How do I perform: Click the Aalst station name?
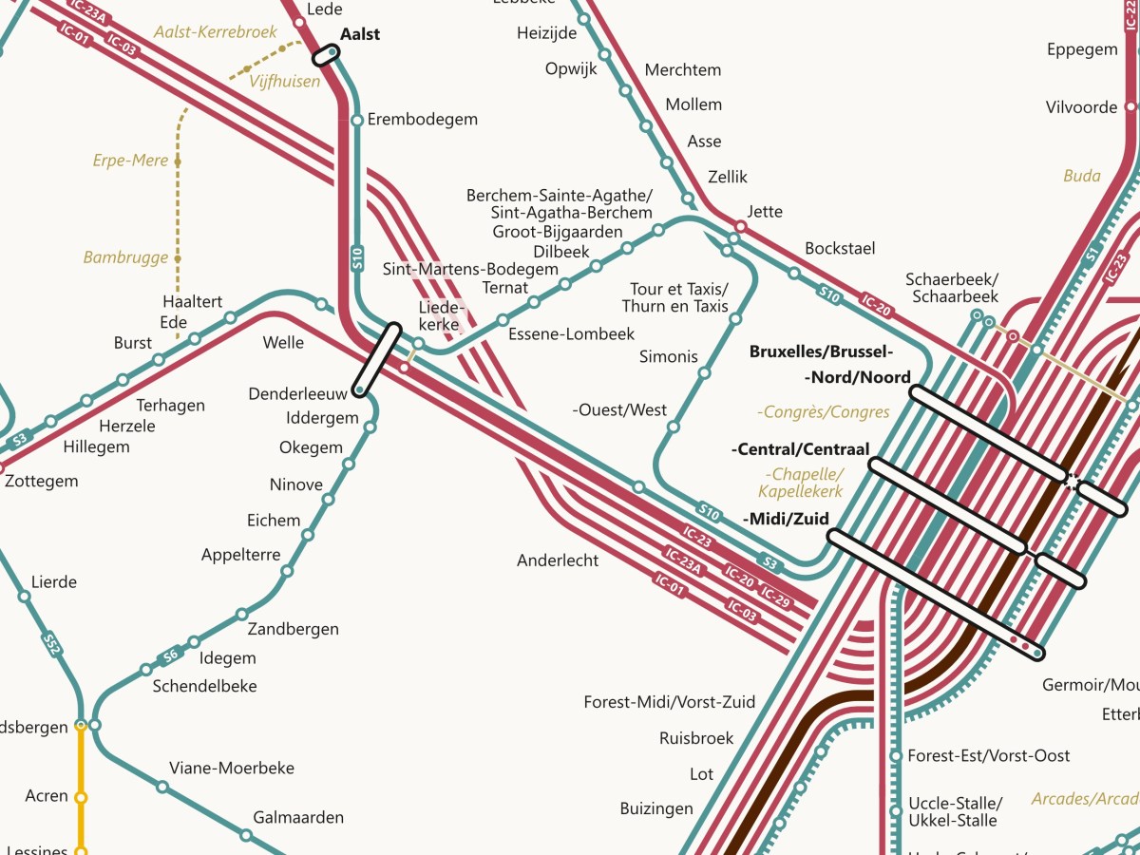(x=360, y=34)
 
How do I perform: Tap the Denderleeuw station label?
(x=297, y=393)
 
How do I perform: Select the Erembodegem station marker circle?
(x=357, y=121)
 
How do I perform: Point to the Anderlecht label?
(x=558, y=560)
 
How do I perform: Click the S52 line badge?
(x=51, y=645)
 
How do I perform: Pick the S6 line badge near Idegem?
(x=170, y=654)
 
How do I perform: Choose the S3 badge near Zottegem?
(x=19, y=440)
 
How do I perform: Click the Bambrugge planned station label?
(x=125, y=257)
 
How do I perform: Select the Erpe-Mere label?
(x=130, y=161)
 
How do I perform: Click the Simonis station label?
(x=669, y=356)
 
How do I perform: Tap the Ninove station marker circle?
(x=349, y=465)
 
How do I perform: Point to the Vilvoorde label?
(x=1081, y=107)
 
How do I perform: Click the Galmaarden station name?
(x=298, y=817)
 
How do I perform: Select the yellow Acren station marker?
(x=81, y=797)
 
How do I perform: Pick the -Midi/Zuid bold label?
(x=786, y=519)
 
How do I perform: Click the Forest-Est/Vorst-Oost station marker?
(x=895, y=756)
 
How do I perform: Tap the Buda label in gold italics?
(x=1082, y=176)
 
